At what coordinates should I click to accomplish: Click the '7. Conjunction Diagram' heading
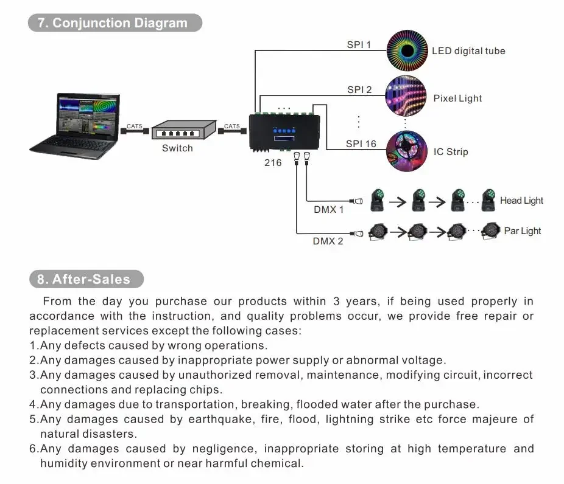click(x=115, y=23)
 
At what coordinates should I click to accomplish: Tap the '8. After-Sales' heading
click(x=86, y=280)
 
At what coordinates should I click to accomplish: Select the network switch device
click(x=183, y=130)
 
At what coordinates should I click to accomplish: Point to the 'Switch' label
click(x=177, y=148)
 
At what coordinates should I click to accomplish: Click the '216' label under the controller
click(x=273, y=162)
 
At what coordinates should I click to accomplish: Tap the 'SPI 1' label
click(x=359, y=44)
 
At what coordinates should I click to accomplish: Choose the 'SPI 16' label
click(x=361, y=144)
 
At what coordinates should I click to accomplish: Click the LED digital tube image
click(x=407, y=50)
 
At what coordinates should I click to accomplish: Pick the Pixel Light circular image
click(x=406, y=97)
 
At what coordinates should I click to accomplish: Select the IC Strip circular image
click(x=406, y=151)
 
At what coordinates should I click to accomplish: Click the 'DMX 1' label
click(x=329, y=210)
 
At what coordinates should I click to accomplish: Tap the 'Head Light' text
click(x=521, y=201)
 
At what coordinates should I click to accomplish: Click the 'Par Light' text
click(x=523, y=231)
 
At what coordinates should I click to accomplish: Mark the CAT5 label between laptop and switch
click(x=134, y=126)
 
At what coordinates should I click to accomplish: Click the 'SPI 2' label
click(x=360, y=90)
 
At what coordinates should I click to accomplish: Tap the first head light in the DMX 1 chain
click(x=378, y=200)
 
